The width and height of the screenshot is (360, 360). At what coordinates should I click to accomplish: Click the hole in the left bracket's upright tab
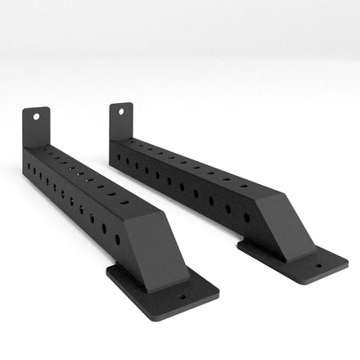click(36, 116)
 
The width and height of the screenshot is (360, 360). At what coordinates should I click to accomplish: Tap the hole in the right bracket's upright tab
click(122, 110)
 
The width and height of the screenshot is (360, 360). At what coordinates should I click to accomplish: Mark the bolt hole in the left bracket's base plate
click(182, 298)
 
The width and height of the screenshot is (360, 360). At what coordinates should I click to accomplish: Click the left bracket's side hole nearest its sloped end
click(117, 239)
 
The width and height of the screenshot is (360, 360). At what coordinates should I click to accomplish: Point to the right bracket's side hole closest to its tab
click(117, 156)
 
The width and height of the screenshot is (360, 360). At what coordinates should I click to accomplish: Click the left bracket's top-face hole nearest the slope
click(124, 201)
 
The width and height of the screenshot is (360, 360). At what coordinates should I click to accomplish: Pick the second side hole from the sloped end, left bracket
click(104, 228)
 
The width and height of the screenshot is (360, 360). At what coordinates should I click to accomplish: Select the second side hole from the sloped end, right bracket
click(228, 209)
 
